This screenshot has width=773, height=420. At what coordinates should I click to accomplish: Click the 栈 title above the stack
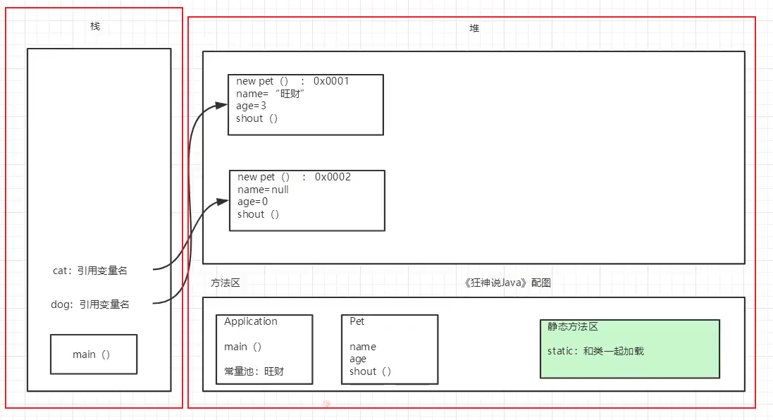click(95, 26)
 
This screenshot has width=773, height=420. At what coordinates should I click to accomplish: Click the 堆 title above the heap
click(474, 29)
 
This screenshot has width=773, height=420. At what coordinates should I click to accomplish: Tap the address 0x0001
click(331, 81)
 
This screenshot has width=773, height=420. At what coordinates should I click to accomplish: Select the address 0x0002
click(333, 177)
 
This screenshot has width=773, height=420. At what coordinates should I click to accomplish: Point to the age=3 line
click(251, 106)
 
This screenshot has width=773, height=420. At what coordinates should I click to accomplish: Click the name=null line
click(264, 190)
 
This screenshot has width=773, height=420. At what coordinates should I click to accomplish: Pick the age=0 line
click(252, 202)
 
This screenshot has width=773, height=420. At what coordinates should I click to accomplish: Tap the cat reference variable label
click(89, 270)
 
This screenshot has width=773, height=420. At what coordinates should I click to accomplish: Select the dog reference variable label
click(91, 304)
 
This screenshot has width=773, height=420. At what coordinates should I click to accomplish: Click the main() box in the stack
click(93, 354)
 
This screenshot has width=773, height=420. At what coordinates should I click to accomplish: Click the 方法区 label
click(225, 283)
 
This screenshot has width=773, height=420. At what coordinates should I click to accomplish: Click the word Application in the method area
click(251, 321)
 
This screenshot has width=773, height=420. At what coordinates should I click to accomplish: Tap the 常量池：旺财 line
click(254, 371)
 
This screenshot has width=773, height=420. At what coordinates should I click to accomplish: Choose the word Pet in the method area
click(357, 321)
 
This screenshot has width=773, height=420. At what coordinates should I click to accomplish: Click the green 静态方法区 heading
click(573, 327)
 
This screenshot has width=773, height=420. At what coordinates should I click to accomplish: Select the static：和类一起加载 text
click(595, 351)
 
